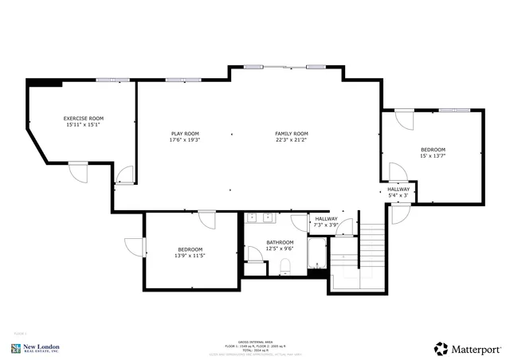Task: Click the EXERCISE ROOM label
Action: point(84,118)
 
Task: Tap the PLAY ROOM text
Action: point(184,133)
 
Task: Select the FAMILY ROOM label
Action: point(292,133)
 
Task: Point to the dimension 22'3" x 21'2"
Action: point(292,140)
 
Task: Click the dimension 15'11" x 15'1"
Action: point(84,124)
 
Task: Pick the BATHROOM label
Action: point(280,242)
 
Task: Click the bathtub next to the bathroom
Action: point(317,257)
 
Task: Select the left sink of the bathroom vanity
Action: point(251,217)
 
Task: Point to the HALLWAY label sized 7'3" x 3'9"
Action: point(326,219)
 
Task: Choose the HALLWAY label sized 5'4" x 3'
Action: point(398,189)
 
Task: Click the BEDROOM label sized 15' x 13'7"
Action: point(433,150)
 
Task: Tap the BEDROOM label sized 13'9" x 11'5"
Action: point(190,248)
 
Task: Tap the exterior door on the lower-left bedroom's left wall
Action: point(135,247)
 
